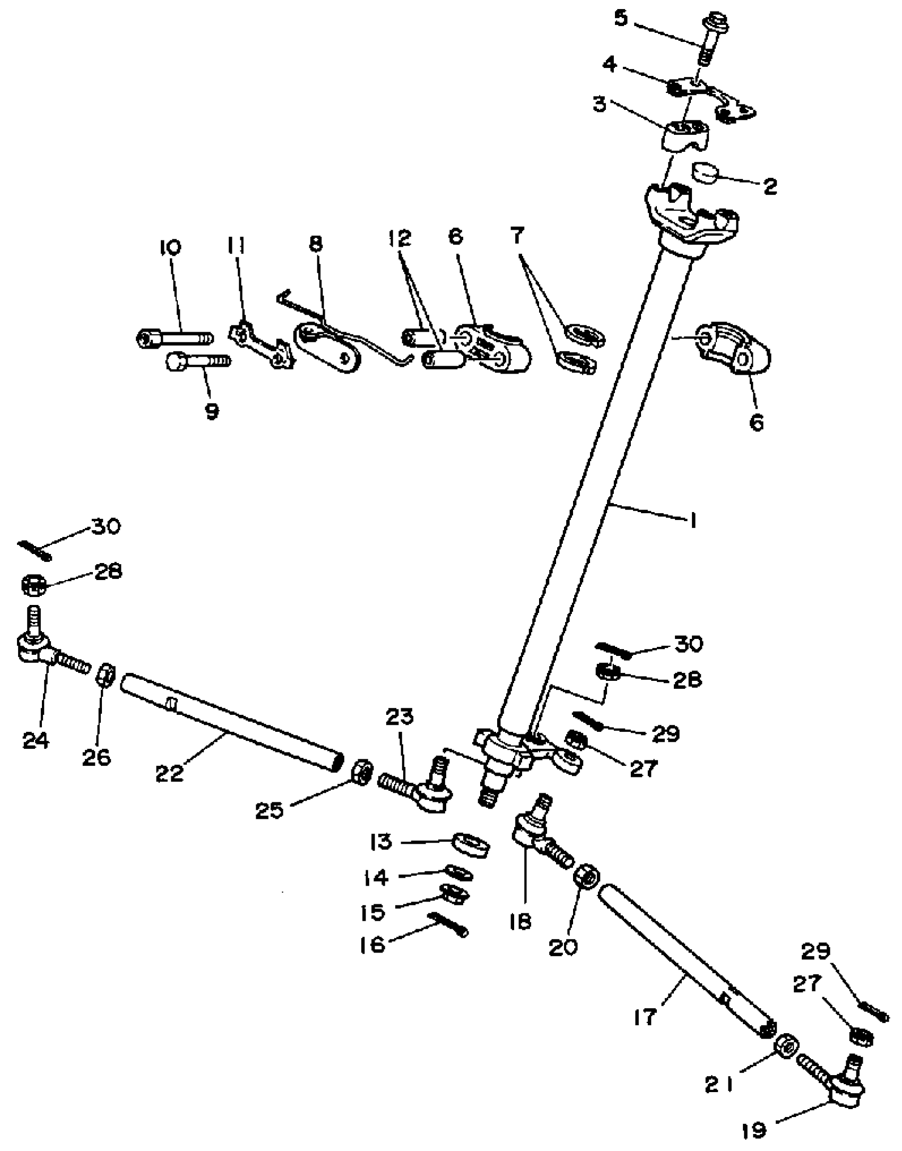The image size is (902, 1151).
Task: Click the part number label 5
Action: tap(620, 19)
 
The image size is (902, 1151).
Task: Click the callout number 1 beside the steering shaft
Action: tap(693, 521)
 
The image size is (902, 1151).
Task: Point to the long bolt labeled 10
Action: tap(175, 337)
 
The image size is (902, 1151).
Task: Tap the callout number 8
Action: tap(315, 244)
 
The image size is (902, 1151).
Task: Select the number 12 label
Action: tap(400, 238)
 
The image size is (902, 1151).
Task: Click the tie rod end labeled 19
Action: tap(845, 1088)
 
